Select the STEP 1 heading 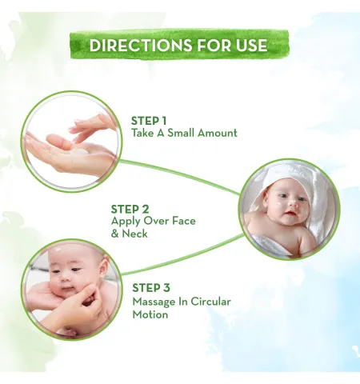point(149,121)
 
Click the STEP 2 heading point(130,209)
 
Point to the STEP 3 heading point(151,288)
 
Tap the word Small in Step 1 point(181,133)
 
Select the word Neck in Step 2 point(134,234)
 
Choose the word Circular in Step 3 point(210,302)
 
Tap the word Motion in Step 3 point(150,314)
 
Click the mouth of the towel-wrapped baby point(290,214)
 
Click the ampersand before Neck point(114,234)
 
